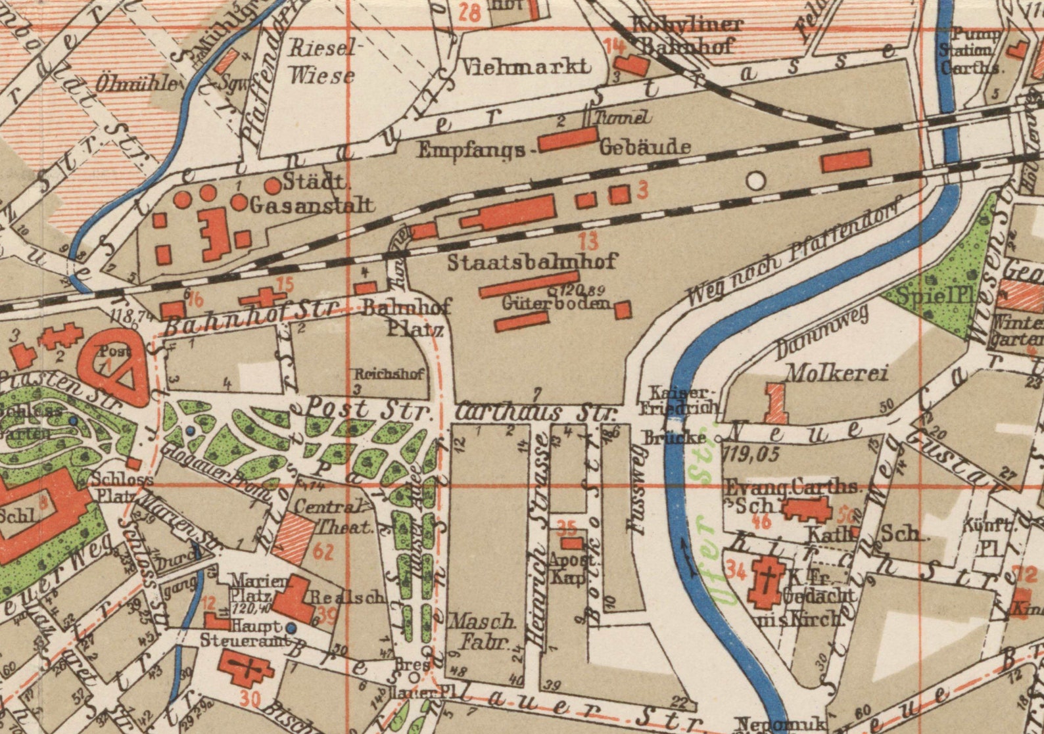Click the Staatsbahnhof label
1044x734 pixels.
coord(533,262)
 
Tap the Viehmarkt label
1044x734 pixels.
coord(525,67)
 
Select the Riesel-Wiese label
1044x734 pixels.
coord(322,61)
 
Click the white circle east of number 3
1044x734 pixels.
coord(757,181)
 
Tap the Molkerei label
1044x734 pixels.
coord(837,374)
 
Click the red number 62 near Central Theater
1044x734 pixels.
coord(323,551)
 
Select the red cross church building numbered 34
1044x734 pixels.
coord(765,582)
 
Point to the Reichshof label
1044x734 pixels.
coord(389,374)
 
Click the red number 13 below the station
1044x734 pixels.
coord(589,241)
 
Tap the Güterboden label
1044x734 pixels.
coord(556,304)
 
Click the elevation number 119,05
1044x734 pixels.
coord(750,454)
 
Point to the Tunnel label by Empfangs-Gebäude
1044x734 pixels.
coord(623,118)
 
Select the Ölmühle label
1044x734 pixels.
coord(136,84)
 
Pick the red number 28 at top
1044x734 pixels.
coord(469,13)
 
